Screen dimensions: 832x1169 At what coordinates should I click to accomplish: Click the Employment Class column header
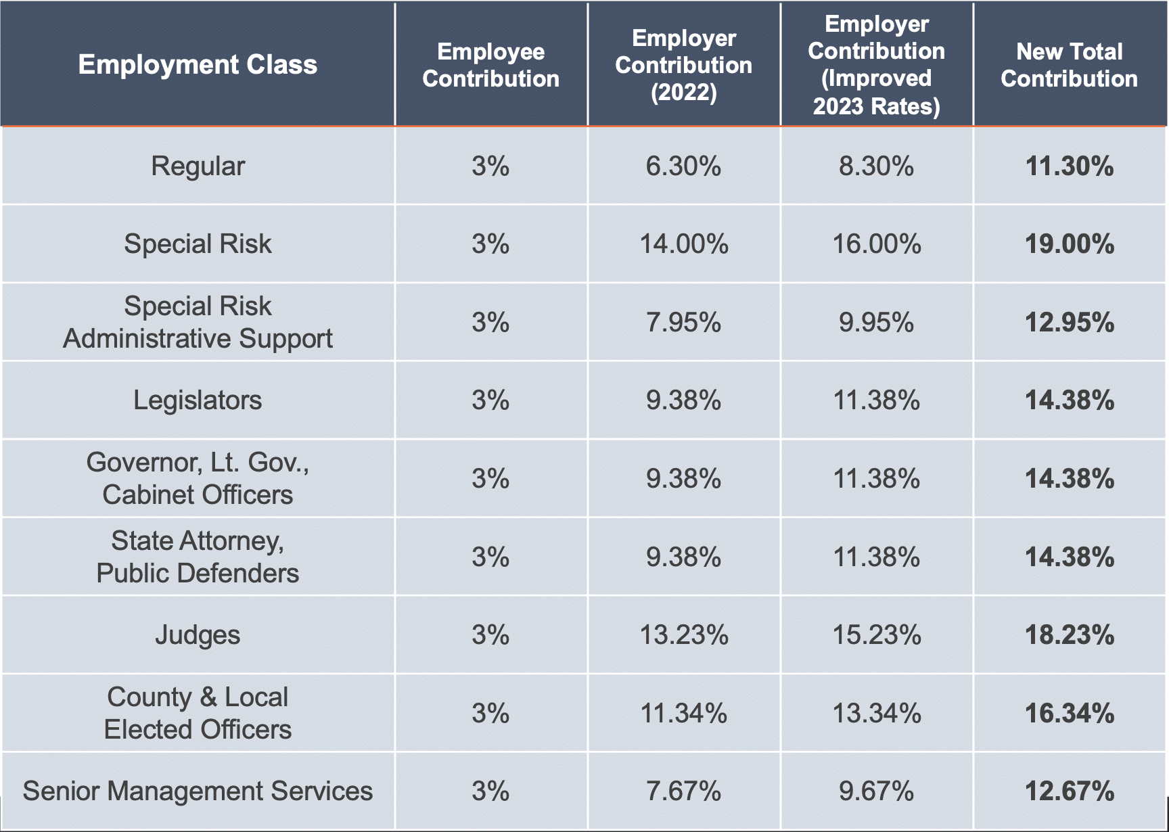pyautogui.click(x=198, y=64)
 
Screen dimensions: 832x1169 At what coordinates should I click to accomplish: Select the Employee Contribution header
pyautogui.click(x=490, y=65)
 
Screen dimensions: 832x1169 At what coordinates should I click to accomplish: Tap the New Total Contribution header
pyautogui.click(x=1069, y=65)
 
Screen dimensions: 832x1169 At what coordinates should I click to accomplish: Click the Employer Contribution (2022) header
pyautogui.click(x=683, y=65)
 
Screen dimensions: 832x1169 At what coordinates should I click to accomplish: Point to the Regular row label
pyautogui.click(x=198, y=166)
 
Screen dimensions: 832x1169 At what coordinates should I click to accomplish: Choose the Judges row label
pyautogui.click(x=198, y=635)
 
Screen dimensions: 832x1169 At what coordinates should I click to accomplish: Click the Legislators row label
pyautogui.click(x=198, y=400)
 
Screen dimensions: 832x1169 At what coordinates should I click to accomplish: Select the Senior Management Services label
pyautogui.click(x=198, y=791)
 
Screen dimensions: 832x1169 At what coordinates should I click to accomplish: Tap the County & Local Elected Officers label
pyautogui.click(x=198, y=713)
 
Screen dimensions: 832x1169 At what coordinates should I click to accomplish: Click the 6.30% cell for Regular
pyautogui.click(x=683, y=166)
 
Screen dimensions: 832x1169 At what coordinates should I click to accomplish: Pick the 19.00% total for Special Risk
pyautogui.click(x=1069, y=244)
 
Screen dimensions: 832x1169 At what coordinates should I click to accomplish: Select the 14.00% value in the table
pyautogui.click(x=683, y=244)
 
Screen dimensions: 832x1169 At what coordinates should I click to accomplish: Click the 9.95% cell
pyautogui.click(x=876, y=323)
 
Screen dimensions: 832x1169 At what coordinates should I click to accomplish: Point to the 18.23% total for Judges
pyautogui.click(x=1069, y=635)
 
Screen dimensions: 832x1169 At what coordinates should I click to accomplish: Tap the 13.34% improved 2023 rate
pyautogui.click(x=876, y=713)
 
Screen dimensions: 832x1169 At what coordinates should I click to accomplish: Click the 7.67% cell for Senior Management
pyautogui.click(x=683, y=791)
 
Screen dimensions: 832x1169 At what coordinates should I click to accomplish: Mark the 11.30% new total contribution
pyautogui.click(x=1069, y=166)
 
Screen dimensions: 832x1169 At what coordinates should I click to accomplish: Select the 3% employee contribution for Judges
pyautogui.click(x=490, y=635)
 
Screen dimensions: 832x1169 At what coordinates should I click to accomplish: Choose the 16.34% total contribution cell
pyautogui.click(x=1069, y=713)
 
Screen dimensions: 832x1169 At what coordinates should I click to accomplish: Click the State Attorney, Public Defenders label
pyautogui.click(x=198, y=557)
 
